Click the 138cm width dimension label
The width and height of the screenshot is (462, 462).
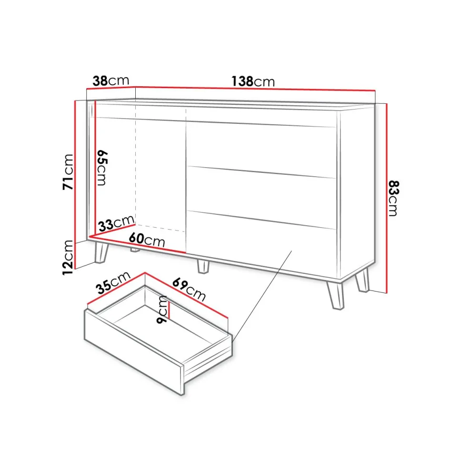(x=253, y=81)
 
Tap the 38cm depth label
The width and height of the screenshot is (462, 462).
(x=111, y=80)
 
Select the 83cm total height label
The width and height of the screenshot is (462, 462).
(x=393, y=198)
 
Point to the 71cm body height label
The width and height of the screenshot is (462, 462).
(x=68, y=172)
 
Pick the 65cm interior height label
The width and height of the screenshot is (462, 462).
(x=102, y=168)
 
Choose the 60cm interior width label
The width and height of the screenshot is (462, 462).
(x=147, y=240)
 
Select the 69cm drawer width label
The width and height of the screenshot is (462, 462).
(x=189, y=289)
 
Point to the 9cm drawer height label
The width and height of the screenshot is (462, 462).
(x=162, y=310)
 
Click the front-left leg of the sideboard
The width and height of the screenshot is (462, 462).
(x=101, y=252)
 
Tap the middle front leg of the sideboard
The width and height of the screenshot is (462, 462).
(x=203, y=266)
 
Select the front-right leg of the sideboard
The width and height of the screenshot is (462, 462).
(x=335, y=295)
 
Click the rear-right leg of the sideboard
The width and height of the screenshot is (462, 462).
(x=363, y=280)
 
